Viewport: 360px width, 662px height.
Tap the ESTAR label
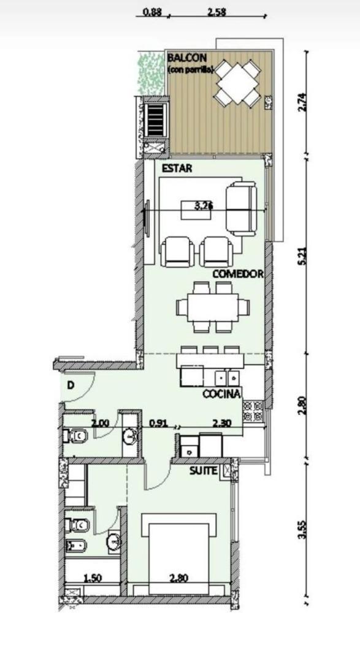click(x=175, y=169)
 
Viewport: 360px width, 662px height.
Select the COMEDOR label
click(x=238, y=274)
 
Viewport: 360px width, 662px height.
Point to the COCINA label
click(x=221, y=394)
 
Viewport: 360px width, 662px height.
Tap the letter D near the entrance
click(x=71, y=386)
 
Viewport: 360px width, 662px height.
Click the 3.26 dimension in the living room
click(x=203, y=207)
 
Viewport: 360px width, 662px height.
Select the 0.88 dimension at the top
click(x=151, y=12)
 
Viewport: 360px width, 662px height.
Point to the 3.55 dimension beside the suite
click(x=301, y=528)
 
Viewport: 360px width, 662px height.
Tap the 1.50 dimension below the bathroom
click(x=93, y=577)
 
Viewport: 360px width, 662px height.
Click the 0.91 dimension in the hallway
click(x=158, y=422)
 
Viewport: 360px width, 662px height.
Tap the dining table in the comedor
click(x=213, y=306)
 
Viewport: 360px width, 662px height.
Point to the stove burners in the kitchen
click(x=253, y=411)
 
